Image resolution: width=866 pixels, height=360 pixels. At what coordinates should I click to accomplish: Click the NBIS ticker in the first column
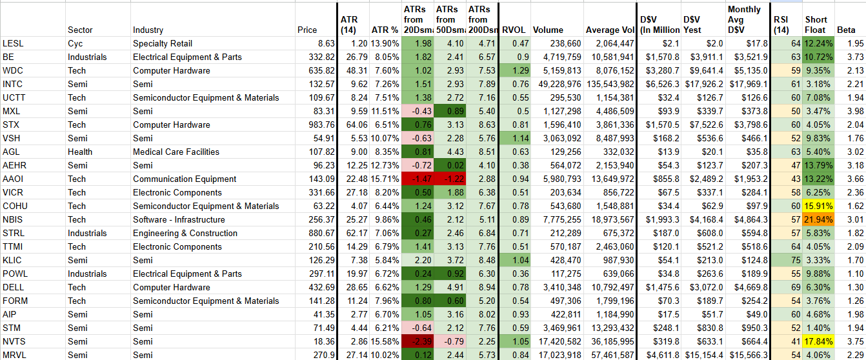[13, 219]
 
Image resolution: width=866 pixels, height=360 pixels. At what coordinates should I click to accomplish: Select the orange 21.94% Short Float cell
[818, 219]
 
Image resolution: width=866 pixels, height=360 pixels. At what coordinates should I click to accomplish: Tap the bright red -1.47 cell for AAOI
[418, 179]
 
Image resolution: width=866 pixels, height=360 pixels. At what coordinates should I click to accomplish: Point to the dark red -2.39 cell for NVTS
[418, 341]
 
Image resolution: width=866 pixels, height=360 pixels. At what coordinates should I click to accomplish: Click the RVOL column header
[514, 30]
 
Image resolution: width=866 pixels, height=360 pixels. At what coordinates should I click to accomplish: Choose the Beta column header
[846, 30]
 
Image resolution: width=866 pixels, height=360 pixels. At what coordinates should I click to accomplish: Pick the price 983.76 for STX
[321, 125]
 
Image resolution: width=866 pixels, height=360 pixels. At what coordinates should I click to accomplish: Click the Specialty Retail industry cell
[163, 44]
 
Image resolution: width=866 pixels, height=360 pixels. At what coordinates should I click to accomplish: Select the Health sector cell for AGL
[80, 152]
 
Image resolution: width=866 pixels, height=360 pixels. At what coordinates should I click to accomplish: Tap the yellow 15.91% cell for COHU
[818, 206]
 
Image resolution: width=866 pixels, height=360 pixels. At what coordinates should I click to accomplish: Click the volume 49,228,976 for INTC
[560, 85]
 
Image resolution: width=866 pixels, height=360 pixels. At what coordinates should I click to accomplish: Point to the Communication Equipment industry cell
[185, 179]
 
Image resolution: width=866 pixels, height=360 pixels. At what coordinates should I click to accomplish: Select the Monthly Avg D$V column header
[744, 20]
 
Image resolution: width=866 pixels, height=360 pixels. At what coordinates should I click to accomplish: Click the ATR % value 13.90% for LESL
[385, 44]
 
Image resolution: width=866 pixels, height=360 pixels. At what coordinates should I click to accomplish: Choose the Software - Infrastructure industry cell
[179, 219]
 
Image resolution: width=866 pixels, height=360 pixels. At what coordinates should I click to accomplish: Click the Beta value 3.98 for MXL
[855, 112]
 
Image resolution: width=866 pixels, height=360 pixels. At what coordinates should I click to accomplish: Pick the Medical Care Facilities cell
[176, 152]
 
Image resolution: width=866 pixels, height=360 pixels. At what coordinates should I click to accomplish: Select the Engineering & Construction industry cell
[185, 233]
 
